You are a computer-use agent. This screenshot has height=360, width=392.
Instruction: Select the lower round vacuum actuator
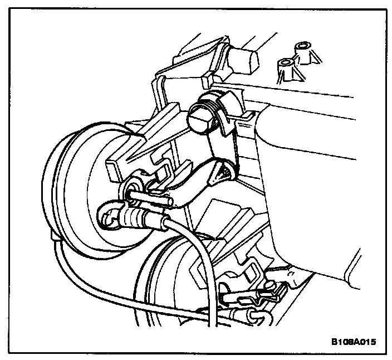pos(167,279)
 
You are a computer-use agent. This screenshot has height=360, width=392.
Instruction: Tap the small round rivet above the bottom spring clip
pos(271,286)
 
